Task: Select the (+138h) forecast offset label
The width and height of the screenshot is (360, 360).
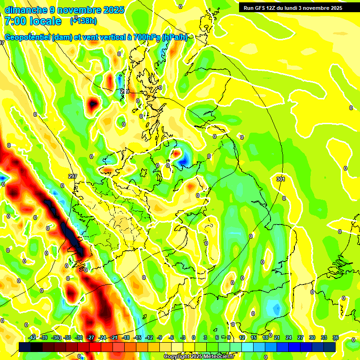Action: click(x=83, y=21)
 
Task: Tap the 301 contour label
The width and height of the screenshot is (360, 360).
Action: click(x=280, y=179)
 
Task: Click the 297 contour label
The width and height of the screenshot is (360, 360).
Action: click(x=72, y=176)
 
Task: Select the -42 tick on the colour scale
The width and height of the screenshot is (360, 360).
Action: click(x=32, y=337)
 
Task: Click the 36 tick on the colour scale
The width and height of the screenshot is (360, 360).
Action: click(x=335, y=337)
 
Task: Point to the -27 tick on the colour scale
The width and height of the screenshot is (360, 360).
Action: click(x=90, y=337)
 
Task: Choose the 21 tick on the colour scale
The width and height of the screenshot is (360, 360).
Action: click(x=277, y=337)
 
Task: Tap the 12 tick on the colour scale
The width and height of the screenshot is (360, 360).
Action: click(x=242, y=337)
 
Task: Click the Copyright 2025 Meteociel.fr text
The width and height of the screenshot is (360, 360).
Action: click(x=199, y=356)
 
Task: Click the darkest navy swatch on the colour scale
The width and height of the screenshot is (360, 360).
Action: click(x=330, y=346)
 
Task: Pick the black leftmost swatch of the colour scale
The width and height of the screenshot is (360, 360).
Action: click(x=25, y=346)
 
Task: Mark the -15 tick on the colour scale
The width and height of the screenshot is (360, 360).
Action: click(x=137, y=337)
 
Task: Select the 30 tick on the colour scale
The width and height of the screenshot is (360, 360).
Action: click(x=312, y=337)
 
